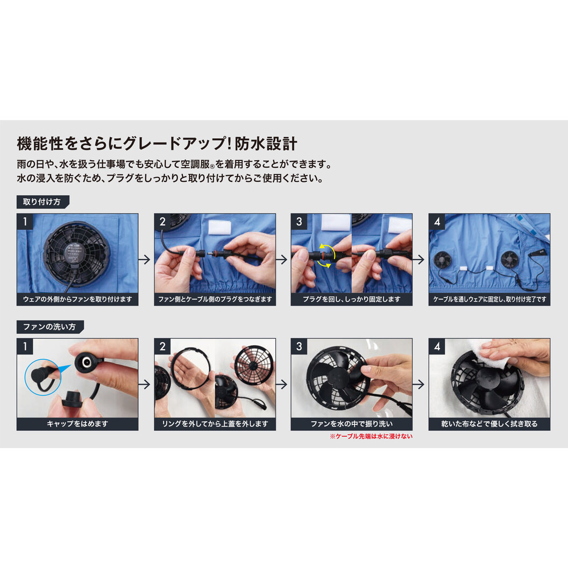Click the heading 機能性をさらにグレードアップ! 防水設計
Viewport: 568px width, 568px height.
[157, 144]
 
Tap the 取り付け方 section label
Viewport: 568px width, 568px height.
[42, 202]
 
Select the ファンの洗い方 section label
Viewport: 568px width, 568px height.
[50, 326]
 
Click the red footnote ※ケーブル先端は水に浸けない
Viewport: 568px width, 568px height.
[371, 437]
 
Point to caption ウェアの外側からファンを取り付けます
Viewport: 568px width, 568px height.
[77, 299]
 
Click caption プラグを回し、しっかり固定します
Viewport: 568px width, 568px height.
[352, 299]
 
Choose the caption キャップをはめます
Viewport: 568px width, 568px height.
[77, 424]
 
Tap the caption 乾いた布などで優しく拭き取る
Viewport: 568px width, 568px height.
[489, 424]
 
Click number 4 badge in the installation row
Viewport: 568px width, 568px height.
[437, 222]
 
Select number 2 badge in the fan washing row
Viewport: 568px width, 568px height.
[162, 346]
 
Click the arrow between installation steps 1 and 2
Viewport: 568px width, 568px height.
[145, 259]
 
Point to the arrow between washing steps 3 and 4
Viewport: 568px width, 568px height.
[420, 384]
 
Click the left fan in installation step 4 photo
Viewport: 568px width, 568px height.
[445, 258]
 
